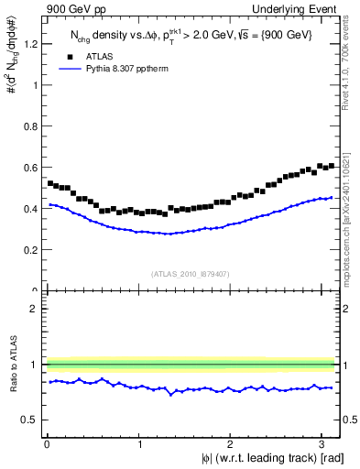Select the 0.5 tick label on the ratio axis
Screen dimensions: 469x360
[32, 420]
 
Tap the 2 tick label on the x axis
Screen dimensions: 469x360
[231, 444]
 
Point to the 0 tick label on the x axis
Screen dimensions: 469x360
[47, 444]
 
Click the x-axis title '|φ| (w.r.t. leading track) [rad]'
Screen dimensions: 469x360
[261, 459]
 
